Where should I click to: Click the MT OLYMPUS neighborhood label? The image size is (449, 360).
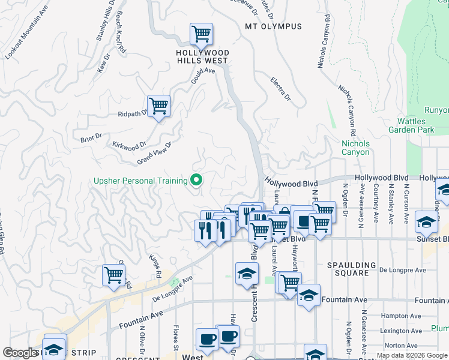pyautogui.click(x=273, y=27)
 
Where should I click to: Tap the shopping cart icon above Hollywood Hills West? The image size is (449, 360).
pyautogui.click(x=201, y=34)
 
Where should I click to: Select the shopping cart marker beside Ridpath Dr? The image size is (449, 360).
pyautogui.click(x=158, y=107)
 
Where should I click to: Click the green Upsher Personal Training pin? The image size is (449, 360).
pyautogui.click(x=195, y=179)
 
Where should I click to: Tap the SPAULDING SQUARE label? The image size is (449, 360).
pyautogui.click(x=351, y=269)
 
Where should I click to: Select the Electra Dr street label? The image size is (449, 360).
pyautogui.click(x=280, y=89)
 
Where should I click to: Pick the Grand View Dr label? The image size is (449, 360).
pyautogui.click(x=154, y=152)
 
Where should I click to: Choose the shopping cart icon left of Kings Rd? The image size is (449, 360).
pyautogui.click(x=113, y=275)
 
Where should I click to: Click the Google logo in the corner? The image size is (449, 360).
pyautogui.click(x=20, y=353)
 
